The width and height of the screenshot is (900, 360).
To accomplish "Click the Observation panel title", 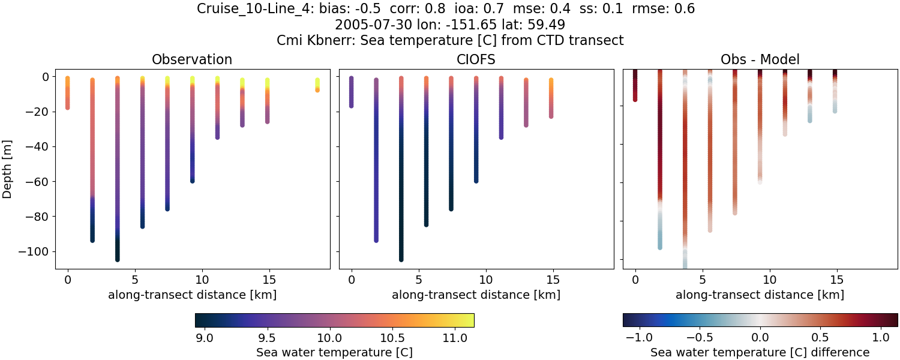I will coord(192,59).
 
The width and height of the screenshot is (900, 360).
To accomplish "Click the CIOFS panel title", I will coord(476,59).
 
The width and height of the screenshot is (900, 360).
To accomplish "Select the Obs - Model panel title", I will coord(760,59).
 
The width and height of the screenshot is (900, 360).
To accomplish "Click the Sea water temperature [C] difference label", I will coord(760,352).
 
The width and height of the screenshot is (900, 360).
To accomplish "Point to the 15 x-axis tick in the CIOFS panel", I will coord(553,279).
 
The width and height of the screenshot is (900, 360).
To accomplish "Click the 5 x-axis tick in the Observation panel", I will coord(134,279).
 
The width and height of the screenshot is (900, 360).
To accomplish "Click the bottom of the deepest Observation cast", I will coord(118,259).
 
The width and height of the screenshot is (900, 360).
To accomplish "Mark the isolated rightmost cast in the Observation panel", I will coord(317,85).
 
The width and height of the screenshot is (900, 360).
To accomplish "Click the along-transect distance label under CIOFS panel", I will coord(476,295).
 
